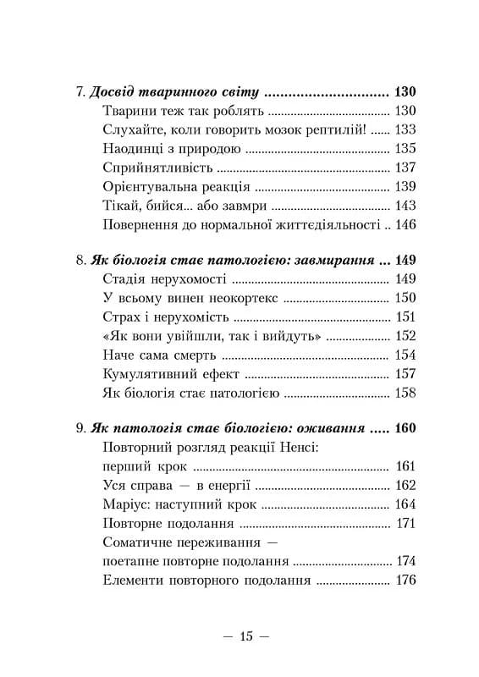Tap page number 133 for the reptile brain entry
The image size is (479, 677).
(407, 130)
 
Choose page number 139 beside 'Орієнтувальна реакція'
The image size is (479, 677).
(407, 186)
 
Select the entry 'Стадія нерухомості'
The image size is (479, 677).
(162, 279)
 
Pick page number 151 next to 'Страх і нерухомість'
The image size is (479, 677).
(407, 316)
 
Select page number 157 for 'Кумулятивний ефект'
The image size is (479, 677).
(407, 372)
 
